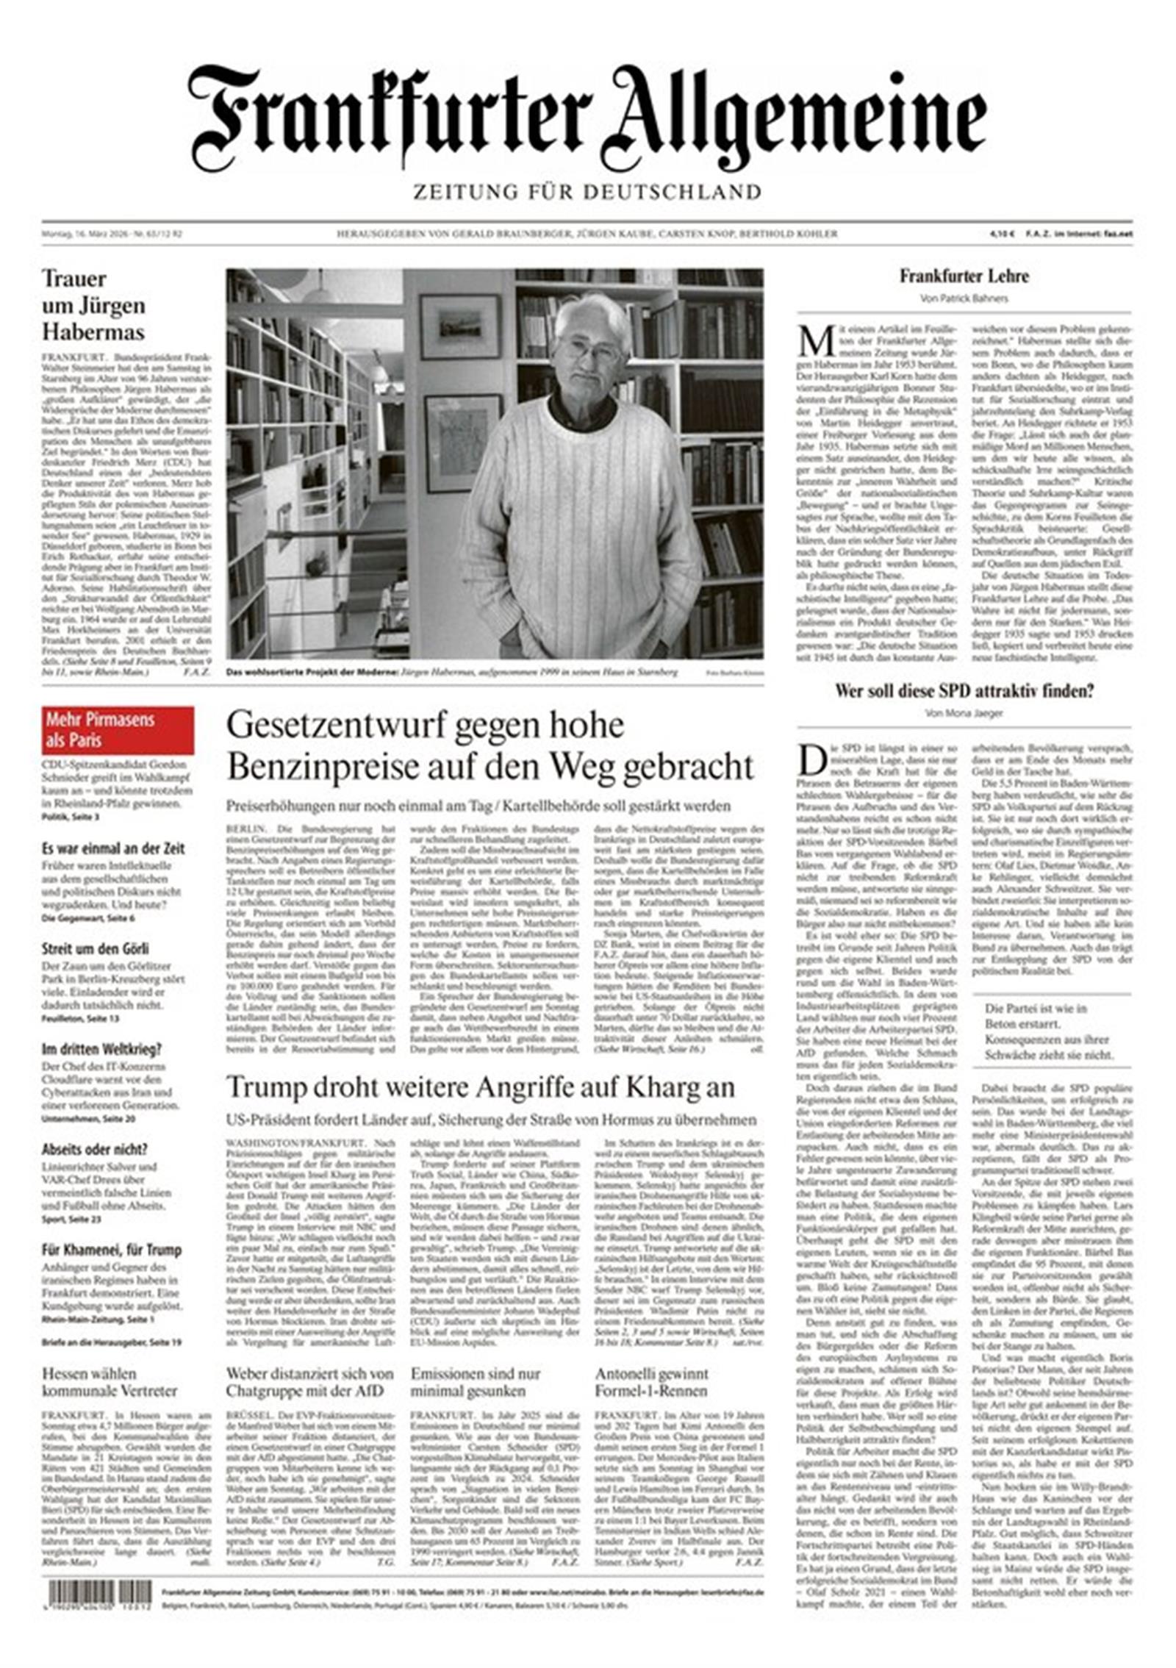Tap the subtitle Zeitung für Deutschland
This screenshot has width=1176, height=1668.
coord(587,193)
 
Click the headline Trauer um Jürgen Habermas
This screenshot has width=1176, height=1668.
coord(93,305)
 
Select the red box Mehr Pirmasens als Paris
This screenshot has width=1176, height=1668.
coord(118,730)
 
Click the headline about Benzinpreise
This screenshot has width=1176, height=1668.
coord(490,745)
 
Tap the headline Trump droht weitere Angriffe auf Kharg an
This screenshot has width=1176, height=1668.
coord(481,1087)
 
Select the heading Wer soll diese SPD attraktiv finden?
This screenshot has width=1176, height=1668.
coord(964,690)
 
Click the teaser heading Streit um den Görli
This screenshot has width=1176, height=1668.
coord(95,948)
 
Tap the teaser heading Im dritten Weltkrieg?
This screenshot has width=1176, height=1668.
coord(101,1049)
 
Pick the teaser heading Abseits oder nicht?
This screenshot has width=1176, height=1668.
coord(95,1149)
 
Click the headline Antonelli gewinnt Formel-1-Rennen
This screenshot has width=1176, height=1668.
coord(651,1381)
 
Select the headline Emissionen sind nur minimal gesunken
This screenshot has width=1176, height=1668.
coord(475,1381)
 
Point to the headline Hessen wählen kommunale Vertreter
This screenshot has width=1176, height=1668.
coord(110,1381)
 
